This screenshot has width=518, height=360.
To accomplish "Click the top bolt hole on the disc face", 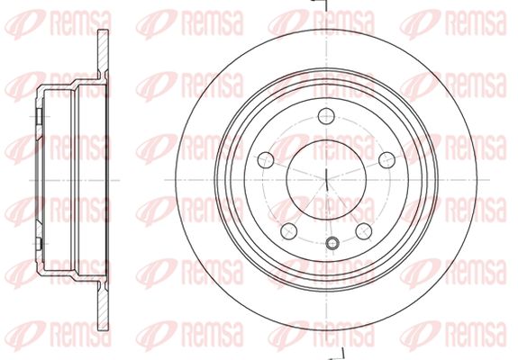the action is [326, 116].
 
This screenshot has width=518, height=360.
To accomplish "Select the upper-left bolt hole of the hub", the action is [266, 160].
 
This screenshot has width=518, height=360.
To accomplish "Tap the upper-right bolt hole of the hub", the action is [386, 160].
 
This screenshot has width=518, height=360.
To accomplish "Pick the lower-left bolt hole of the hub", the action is [289, 231].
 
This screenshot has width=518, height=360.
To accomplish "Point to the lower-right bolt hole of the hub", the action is [364, 231].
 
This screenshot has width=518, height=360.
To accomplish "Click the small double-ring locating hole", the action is [332, 244].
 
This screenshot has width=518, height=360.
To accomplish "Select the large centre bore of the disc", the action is [326, 180].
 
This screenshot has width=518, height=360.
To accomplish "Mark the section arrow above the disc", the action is [319, 4].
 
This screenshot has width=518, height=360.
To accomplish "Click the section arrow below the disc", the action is [336, 355].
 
